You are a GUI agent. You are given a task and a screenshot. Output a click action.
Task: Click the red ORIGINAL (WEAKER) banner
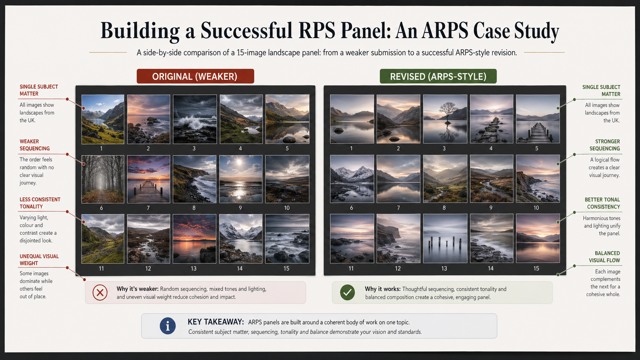195,76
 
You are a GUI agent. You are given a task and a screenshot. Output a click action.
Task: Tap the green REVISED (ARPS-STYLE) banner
438,76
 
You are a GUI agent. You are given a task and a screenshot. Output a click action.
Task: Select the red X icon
100,293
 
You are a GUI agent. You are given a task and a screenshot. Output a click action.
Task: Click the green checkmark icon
347,293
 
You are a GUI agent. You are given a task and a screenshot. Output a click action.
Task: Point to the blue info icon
167,326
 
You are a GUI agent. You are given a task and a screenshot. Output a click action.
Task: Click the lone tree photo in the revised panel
445,119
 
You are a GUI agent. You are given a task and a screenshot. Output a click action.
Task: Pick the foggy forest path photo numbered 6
103,179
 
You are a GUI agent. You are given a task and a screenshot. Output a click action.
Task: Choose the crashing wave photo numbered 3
194,119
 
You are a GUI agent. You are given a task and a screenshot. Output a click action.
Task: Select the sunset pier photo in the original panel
149,179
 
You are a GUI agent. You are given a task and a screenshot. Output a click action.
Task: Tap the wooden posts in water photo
445,238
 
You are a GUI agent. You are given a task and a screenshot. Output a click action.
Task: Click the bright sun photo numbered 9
240,179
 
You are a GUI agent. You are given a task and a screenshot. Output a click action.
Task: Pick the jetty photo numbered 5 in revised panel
537,119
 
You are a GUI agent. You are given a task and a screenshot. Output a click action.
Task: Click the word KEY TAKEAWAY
216,322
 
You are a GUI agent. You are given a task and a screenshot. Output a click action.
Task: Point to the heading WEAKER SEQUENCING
34,145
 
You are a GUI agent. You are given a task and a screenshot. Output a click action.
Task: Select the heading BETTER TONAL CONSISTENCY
602,203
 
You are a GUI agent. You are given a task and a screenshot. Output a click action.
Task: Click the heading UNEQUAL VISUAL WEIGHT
39,260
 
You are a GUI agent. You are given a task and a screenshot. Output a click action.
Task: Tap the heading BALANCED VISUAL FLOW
604,257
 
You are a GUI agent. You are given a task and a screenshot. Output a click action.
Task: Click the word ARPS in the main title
445,31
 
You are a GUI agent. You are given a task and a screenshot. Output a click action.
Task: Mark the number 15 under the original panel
286,269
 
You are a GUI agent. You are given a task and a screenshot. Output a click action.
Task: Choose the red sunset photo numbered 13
194,238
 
